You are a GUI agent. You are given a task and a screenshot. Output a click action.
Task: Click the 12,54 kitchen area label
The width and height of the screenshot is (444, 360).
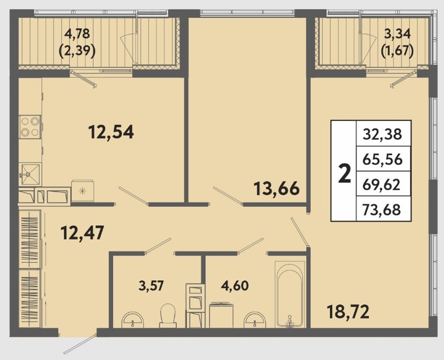point(111,132)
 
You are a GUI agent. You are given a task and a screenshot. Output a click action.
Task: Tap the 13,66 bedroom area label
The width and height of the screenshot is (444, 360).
point(276,189)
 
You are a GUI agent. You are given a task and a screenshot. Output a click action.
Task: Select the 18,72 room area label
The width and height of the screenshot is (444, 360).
point(348,312)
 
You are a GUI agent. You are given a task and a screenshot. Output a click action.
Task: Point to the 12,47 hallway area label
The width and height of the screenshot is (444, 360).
point(83,232)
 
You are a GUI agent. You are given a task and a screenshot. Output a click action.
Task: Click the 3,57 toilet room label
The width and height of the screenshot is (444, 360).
point(151,286)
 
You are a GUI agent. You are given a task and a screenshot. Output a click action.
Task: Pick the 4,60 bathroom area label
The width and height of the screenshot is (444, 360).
point(235,286)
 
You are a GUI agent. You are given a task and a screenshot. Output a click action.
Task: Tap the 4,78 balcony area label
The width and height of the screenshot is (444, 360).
point(77,34)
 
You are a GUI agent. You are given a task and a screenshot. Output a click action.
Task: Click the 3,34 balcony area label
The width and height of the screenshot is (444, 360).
point(397,34)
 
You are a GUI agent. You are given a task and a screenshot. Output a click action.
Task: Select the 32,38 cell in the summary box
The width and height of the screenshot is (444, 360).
point(382,134)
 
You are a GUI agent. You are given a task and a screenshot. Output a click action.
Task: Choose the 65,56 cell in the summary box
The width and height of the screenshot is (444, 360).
point(382,159)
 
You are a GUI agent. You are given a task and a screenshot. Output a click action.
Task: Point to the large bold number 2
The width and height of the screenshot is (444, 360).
point(345,173)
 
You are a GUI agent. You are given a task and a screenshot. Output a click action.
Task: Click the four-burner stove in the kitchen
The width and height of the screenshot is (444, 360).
point(30,127)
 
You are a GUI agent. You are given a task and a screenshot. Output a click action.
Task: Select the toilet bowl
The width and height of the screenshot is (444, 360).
point(168,316)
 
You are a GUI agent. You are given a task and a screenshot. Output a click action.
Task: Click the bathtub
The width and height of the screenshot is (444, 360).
point(290,295)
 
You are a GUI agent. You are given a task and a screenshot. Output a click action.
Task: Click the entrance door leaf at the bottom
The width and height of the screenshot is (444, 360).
point(80,345)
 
